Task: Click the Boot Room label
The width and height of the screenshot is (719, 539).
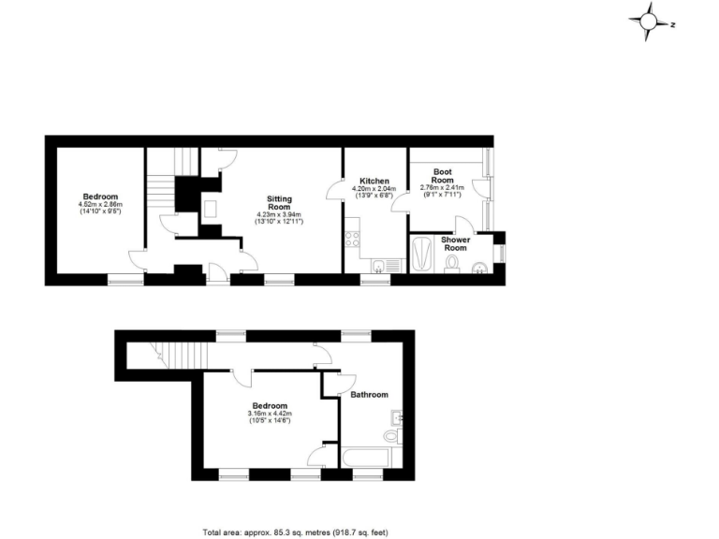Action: (442, 176)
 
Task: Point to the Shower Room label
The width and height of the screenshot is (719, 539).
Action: (456, 243)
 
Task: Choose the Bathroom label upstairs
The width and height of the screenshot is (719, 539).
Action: (369, 394)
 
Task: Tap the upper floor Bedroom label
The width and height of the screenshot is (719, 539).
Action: (270, 405)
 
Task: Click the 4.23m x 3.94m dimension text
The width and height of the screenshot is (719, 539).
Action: (279, 214)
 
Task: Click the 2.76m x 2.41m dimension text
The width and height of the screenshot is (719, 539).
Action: (442, 189)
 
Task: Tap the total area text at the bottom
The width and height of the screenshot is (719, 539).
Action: (294, 532)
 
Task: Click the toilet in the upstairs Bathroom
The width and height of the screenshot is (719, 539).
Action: (392, 436)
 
